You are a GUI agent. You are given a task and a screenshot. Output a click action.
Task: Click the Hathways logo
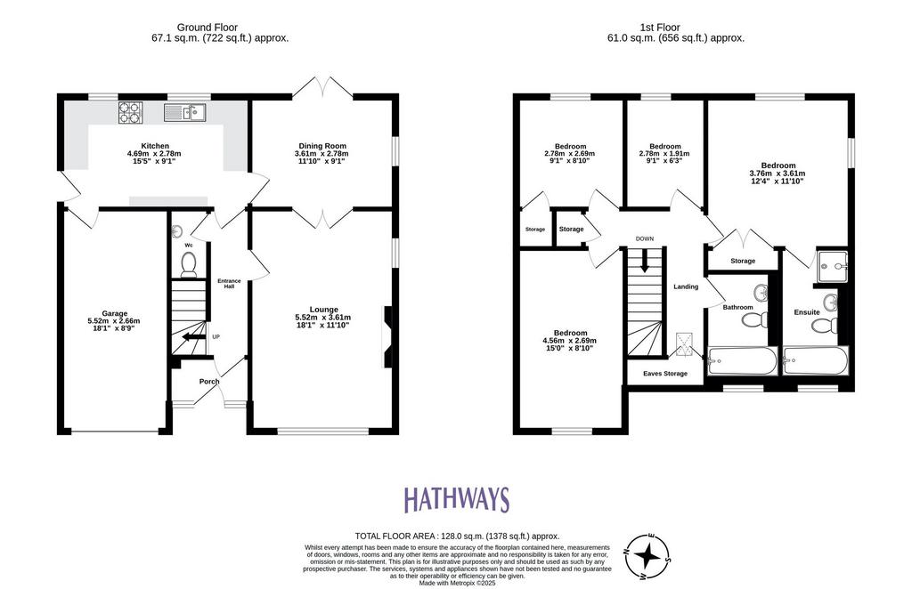coord(457,499)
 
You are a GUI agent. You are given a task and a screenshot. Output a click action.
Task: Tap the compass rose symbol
coord(647,556)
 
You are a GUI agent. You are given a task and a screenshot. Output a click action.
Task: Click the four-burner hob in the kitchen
coord(131,112)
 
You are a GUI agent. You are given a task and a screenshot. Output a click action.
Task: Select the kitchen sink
coord(184,112)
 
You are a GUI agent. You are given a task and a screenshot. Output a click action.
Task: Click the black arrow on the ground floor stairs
coord(191,337)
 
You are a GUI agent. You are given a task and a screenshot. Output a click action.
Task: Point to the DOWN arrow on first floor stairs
coord(644,261)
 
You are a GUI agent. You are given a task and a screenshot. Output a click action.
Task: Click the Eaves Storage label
coord(664,374)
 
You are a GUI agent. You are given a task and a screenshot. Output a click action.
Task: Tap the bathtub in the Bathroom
coord(742,360)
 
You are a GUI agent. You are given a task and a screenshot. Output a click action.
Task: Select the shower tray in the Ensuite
coord(833,267)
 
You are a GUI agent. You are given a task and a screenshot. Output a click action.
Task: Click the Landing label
coord(686,286)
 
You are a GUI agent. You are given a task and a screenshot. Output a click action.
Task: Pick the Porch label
coord(209,382)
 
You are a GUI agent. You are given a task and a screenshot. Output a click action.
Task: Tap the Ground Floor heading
coord(207,28)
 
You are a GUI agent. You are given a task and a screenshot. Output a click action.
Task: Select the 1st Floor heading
coord(660,28)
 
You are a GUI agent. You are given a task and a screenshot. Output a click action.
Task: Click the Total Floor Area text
coord(457,537)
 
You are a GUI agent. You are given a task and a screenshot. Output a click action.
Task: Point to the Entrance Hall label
coord(229,284)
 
